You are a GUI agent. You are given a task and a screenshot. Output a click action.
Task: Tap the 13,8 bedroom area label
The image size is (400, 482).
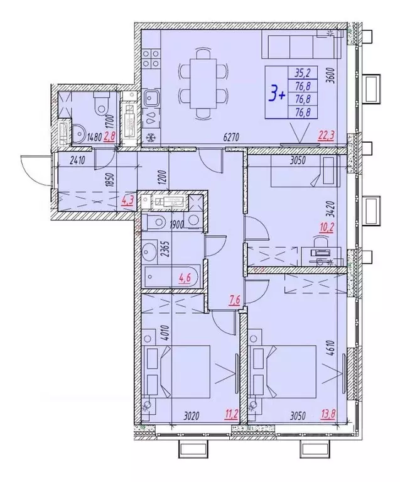coord(328,415)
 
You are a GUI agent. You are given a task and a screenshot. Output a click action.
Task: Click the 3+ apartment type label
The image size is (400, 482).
coord(277,95)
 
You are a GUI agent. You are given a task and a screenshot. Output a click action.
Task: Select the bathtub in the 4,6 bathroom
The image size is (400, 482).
coord(171,277)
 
